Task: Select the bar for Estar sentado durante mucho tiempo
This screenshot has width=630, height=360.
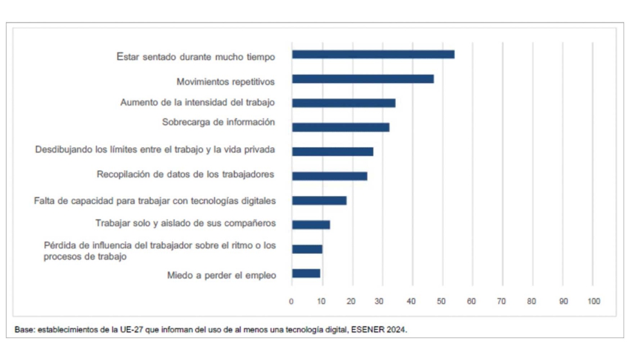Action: pyautogui.click(x=373, y=55)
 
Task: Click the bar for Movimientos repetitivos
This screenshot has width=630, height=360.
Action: pyautogui.click(x=363, y=79)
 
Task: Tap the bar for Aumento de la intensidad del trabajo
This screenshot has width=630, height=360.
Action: pyautogui.click(x=343, y=103)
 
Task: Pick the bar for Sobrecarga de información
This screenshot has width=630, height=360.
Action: pyautogui.click(x=340, y=127)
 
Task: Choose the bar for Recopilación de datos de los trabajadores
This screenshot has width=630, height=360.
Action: pyautogui.click(x=329, y=175)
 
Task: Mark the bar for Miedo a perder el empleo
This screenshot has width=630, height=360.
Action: pyautogui.click(x=306, y=273)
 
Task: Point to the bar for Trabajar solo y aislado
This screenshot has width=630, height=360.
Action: pyautogui.click(x=310, y=224)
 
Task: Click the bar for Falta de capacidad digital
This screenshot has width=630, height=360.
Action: pyautogui.click(x=319, y=201)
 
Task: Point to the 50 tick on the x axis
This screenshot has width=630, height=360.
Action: pyautogui.click(x=441, y=301)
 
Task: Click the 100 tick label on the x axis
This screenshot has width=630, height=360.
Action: pyautogui.click(x=592, y=301)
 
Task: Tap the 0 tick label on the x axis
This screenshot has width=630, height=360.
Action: pyautogui.click(x=291, y=301)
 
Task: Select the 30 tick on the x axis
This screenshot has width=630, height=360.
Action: pyautogui.click(x=381, y=301)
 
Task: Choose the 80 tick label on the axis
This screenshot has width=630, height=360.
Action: pyautogui.click(x=532, y=301)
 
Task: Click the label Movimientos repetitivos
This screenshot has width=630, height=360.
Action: pyautogui.click(x=226, y=82)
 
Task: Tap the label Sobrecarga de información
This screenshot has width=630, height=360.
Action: pyautogui.click(x=219, y=122)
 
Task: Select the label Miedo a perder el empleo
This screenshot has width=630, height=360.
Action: pyautogui.click(x=221, y=275)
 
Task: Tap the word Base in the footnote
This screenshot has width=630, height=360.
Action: pyautogui.click(x=24, y=330)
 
